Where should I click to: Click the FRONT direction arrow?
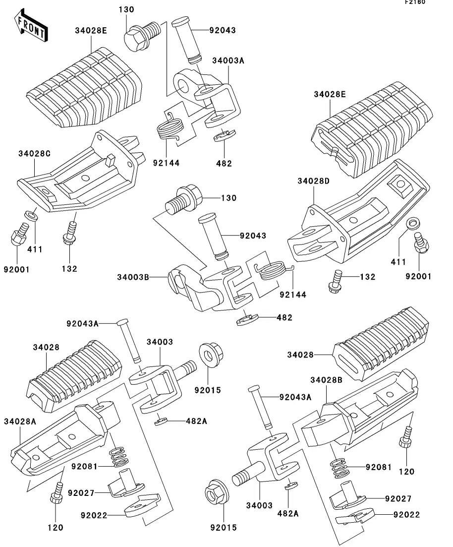[31, 26]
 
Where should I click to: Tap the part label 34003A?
[228, 61]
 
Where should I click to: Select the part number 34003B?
[133, 277]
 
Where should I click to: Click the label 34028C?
[35, 154]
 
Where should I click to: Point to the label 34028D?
[314, 181]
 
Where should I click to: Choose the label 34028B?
[327, 380]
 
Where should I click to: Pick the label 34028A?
[20, 422]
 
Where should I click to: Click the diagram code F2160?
[415, 2]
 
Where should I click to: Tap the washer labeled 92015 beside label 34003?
[211, 356]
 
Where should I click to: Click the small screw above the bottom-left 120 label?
[57, 492]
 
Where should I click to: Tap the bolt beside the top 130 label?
[142, 36]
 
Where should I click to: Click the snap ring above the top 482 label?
[225, 135]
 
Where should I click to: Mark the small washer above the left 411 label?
[31, 216]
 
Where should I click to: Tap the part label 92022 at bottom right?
[406, 515]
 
